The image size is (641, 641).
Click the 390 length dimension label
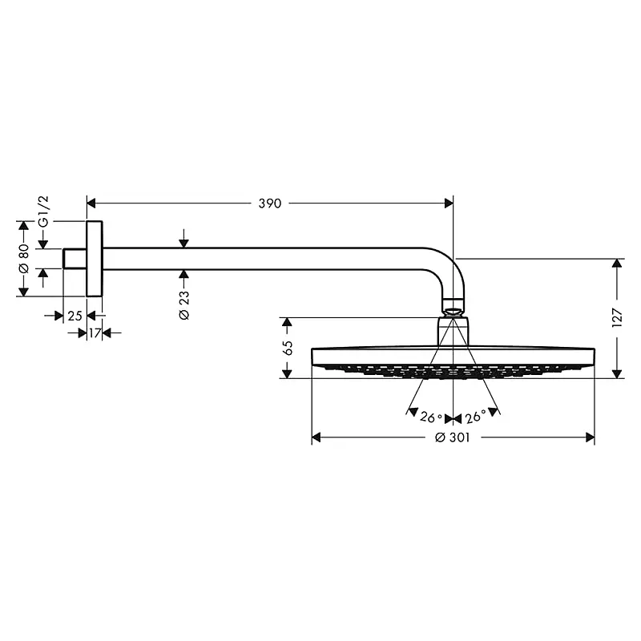pyautogui.click(x=270, y=204)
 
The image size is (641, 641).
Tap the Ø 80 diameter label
pyautogui.click(x=24, y=258)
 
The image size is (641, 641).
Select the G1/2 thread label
pyautogui.click(x=43, y=211)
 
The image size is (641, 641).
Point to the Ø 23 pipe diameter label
pyautogui.click(x=184, y=305)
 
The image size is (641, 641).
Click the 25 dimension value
pyautogui.click(x=75, y=316)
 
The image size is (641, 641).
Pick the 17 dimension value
pyautogui.click(x=95, y=333)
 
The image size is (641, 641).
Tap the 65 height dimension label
pyautogui.click(x=288, y=348)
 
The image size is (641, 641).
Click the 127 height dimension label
pyautogui.click(x=617, y=318)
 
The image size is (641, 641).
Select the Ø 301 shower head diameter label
pyautogui.click(x=453, y=437)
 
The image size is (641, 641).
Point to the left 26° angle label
pyautogui.click(x=431, y=417)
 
